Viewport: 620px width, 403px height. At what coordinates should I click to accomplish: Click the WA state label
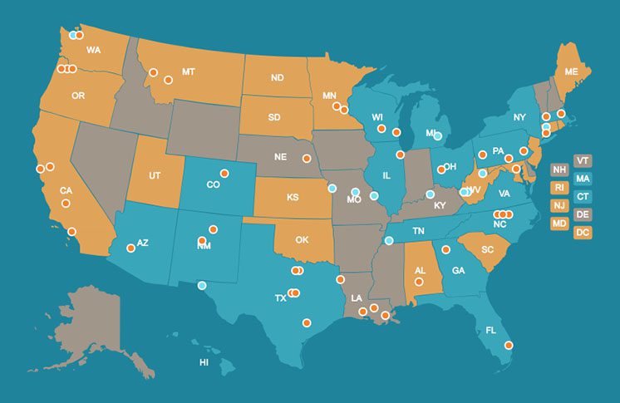pos(93,50)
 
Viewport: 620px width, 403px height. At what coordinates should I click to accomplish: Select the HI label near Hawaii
pos(204,363)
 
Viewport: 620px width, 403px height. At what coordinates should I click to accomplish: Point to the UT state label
pos(155,176)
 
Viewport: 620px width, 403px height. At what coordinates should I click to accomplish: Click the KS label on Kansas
pos(293,198)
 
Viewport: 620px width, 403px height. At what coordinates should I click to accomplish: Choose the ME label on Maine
pos(571,72)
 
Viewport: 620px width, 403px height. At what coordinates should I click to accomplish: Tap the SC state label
pos(488,249)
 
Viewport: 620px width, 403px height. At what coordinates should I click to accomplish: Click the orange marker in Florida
pos(509,346)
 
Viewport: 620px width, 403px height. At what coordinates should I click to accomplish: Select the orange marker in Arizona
pos(130,248)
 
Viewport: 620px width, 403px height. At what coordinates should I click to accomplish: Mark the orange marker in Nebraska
pos(307,157)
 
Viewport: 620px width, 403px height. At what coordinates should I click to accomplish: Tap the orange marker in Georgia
pos(446,249)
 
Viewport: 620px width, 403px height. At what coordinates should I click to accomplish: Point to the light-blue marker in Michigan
pos(437,135)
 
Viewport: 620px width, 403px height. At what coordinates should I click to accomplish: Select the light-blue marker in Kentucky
pos(430,194)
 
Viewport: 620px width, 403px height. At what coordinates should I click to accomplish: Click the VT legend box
pos(582,160)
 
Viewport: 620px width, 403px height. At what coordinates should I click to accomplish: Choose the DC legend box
pos(582,232)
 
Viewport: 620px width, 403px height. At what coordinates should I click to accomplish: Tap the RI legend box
pos(559,187)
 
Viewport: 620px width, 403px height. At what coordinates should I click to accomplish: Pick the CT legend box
pos(582,196)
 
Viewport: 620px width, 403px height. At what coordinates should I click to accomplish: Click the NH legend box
pos(559,170)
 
